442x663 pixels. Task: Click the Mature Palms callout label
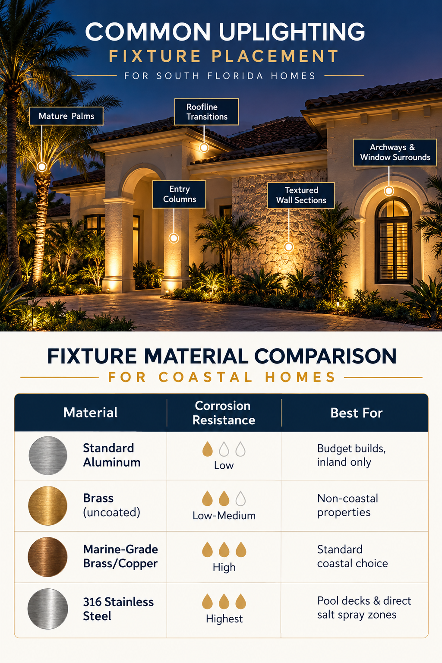66,116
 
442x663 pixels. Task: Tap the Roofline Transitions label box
207,112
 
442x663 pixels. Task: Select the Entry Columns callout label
180,194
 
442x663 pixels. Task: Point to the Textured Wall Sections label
301,196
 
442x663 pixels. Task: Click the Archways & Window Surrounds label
395,152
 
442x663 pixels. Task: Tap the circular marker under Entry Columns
174,238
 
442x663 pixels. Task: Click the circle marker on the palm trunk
42,167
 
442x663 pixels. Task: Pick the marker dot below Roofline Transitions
204,147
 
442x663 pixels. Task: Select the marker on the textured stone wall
289,247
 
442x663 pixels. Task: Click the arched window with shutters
394,241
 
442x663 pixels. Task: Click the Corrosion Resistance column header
224,413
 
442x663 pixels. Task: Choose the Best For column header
357,413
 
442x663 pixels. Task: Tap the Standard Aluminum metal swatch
48,455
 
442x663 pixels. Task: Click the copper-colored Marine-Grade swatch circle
47,557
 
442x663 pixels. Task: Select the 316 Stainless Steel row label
118,609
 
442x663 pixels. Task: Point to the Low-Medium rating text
224,516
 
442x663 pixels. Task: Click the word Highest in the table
224,619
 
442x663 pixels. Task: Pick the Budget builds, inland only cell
351,455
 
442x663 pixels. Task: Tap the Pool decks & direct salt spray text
364,608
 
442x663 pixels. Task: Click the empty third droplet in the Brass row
241,499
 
